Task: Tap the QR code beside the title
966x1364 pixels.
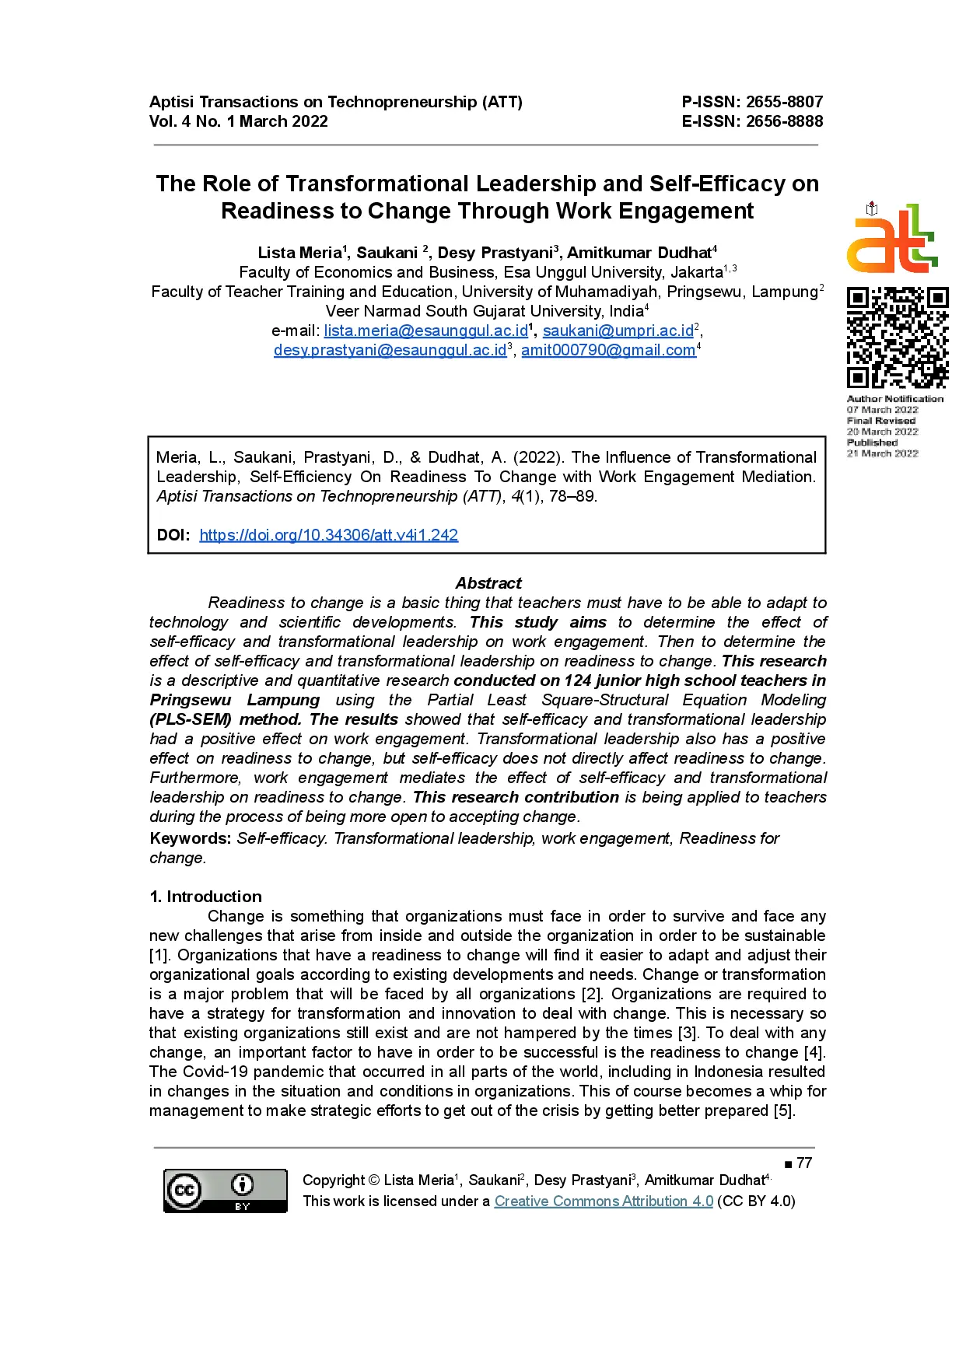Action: (897, 338)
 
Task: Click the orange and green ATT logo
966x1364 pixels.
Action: (892, 239)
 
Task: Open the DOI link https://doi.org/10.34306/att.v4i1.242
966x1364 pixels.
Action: (328, 535)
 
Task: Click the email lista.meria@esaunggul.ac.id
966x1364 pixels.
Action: (425, 331)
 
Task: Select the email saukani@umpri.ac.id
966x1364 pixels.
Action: (618, 331)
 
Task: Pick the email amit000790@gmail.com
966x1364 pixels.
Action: (607, 350)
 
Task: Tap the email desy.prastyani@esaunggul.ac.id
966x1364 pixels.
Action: (390, 350)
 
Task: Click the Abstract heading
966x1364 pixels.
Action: (488, 583)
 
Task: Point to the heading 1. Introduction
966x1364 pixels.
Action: (205, 897)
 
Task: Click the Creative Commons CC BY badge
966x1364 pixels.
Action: (225, 1191)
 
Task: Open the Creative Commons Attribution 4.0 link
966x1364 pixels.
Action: (604, 1201)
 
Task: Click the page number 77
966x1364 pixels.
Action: (804, 1163)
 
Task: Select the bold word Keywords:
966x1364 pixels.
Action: (191, 838)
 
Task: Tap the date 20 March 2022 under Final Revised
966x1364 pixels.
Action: (882, 432)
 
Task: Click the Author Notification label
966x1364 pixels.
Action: (894, 399)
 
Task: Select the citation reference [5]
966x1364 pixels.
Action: (783, 1110)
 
